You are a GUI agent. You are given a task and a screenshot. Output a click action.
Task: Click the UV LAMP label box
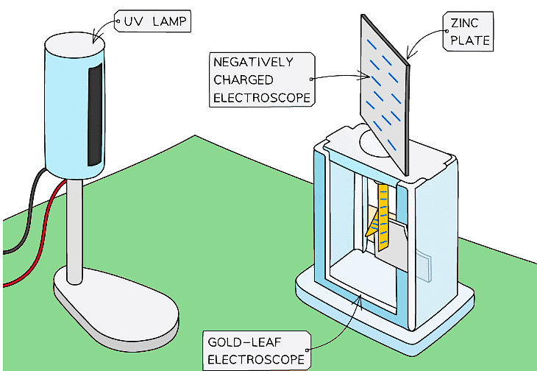pyautogui.click(x=152, y=23)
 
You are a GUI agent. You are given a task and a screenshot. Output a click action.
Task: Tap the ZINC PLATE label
pyautogui.click(x=467, y=30)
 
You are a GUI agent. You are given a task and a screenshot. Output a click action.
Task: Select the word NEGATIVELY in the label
pyautogui.click(x=253, y=61)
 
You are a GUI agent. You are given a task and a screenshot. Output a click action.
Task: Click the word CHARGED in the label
pyautogui.click(x=243, y=79)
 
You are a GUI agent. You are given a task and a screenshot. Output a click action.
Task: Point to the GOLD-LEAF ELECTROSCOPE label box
pyautogui.click(x=255, y=350)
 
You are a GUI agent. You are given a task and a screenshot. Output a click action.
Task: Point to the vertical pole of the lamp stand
pyautogui.click(x=74, y=228)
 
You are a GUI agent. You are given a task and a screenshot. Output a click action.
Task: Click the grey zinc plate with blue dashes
pyautogui.click(x=383, y=88)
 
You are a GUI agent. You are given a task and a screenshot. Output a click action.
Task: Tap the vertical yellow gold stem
pyautogui.click(x=383, y=213)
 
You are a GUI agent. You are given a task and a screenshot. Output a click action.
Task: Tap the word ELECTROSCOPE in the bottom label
pyautogui.click(x=255, y=359)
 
